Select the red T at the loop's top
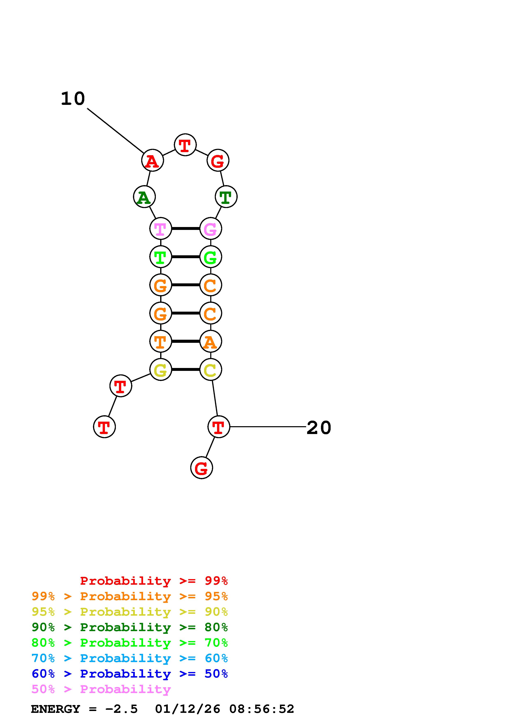tap(185, 145)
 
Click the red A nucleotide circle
tap(152, 161)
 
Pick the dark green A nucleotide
tap(144, 197)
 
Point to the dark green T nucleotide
tap(226, 197)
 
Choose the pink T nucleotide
tap(161, 229)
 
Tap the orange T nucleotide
tap(161, 342)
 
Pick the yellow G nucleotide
tap(161, 370)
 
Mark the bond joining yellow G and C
tap(186, 370)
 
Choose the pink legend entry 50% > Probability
tap(101, 689)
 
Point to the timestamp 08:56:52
tap(261, 709)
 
